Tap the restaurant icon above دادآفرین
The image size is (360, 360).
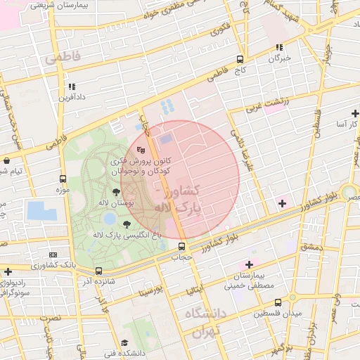[71, 86]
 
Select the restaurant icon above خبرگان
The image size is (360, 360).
[279, 48]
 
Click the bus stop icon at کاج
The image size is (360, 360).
[240, 60]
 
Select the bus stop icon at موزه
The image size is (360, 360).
[63, 179]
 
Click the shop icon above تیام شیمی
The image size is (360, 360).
[6, 160]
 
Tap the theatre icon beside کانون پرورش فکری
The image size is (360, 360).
[141, 149]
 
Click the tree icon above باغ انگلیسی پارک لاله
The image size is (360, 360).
[127, 224]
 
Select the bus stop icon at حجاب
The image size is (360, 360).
[182, 247]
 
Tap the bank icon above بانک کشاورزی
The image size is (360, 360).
[53, 254]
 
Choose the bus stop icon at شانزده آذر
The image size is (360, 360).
[98, 271]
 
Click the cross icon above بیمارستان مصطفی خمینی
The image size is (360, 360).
[249, 264]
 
